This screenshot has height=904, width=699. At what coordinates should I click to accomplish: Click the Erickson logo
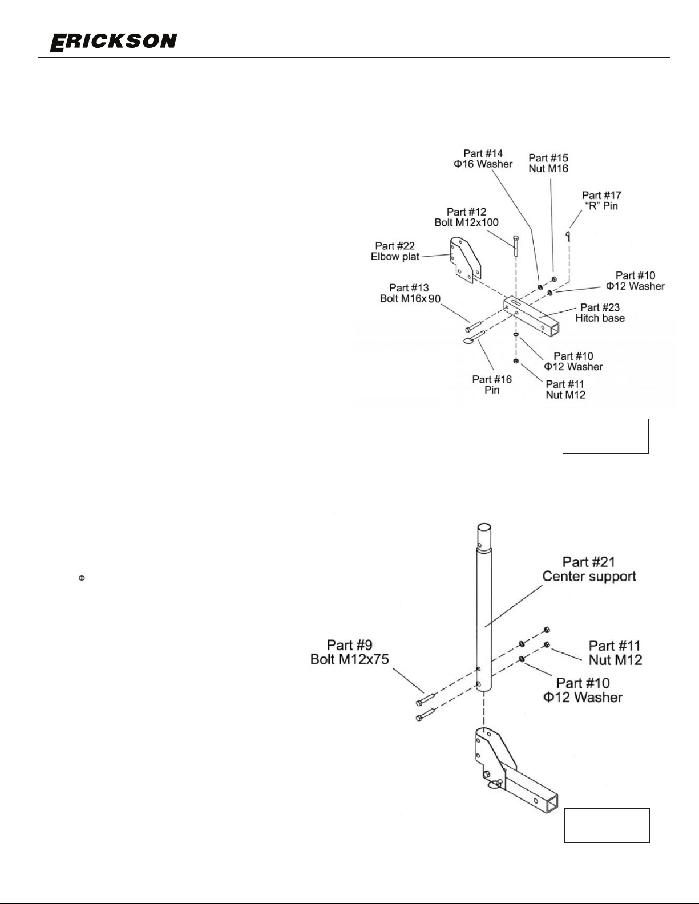click(x=113, y=42)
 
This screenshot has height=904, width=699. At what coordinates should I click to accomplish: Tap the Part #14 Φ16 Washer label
click(x=483, y=159)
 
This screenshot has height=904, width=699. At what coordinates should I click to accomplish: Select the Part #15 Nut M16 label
click(x=548, y=163)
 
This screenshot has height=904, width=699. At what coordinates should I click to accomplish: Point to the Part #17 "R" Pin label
click(x=601, y=201)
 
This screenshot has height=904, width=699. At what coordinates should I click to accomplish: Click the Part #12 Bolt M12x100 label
click(x=466, y=217)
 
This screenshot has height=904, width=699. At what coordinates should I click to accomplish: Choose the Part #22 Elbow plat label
click(x=395, y=252)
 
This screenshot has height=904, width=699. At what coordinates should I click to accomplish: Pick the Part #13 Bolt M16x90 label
click(x=410, y=293)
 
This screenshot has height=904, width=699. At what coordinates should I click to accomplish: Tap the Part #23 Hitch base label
click(x=600, y=313)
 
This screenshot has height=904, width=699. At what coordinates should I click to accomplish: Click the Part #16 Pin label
click(x=492, y=384)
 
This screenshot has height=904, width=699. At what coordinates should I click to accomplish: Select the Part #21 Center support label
click(x=589, y=569)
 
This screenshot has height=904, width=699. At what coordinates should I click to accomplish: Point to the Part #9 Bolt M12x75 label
click(x=349, y=652)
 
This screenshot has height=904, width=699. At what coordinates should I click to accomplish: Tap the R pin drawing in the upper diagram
click(x=568, y=236)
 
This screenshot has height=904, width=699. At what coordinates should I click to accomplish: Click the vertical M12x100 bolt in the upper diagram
click(x=516, y=246)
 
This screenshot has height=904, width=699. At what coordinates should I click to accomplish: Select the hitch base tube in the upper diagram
click(x=531, y=316)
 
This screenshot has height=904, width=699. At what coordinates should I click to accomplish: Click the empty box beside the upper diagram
click(x=605, y=436)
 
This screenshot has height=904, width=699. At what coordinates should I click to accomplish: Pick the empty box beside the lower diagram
click(x=607, y=825)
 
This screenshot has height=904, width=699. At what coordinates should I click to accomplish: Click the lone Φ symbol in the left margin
click(x=82, y=578)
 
